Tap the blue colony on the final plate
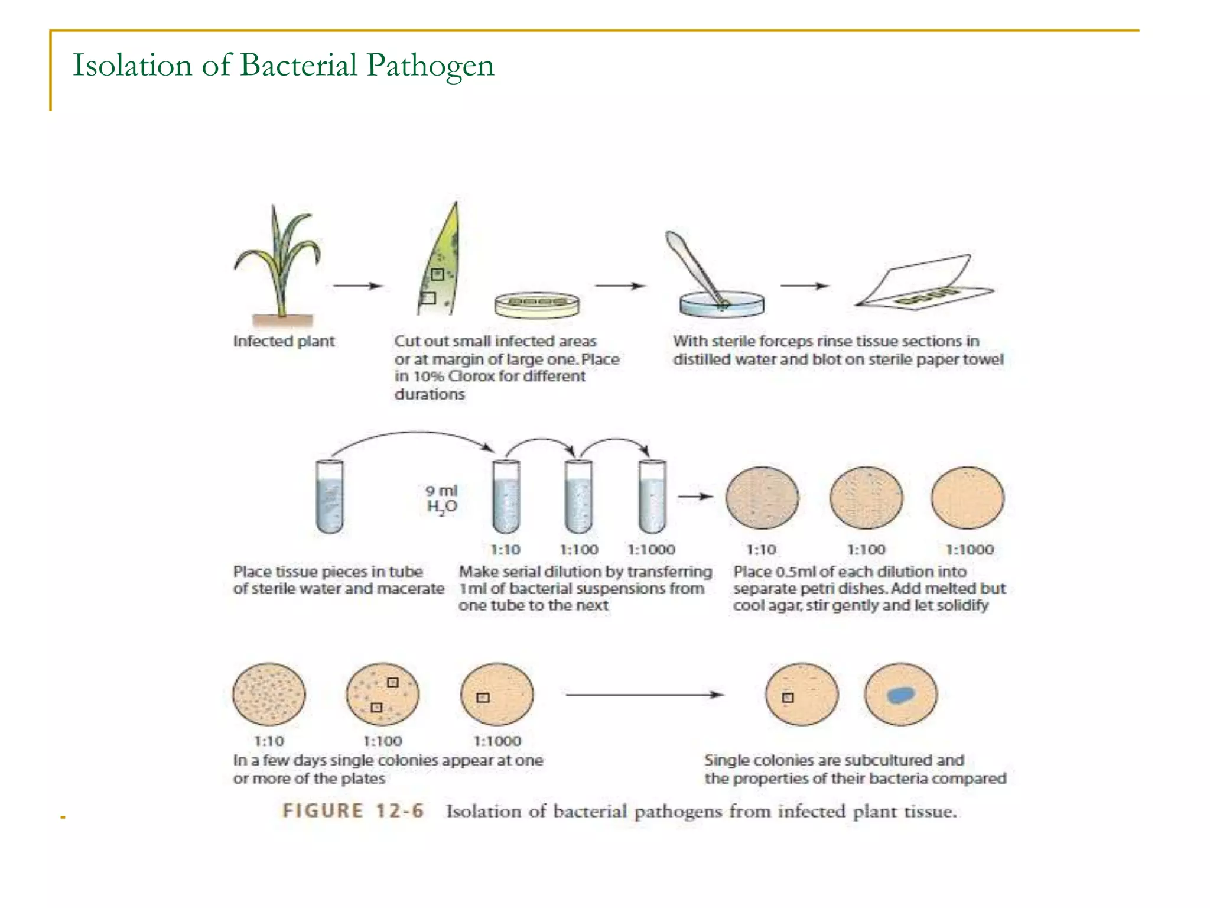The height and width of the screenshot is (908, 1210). [x=900, y=695]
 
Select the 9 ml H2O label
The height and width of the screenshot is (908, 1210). [x=442, y=500]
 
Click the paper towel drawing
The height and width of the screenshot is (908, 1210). [x=925, y=283]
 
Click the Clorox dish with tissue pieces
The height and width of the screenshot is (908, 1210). [x=536, y=304]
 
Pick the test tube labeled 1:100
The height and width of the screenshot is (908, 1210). [x=578, y=497]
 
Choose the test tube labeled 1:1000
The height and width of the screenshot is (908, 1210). [x=652, y=497]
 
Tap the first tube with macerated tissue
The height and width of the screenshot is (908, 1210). [x=330, y=497]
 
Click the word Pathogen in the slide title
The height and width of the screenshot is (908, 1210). [x=430, y=65]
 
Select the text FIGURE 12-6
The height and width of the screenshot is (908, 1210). [x=353, y=810]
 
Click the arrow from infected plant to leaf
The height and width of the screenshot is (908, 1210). [x=357, y=286]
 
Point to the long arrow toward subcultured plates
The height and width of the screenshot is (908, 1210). [x=644, y=695]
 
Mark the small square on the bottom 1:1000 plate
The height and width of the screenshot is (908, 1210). [x=483, y=698]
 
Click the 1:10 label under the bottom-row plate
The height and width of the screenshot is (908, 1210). [x=269, y=741]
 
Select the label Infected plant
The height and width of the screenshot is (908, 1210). [x=284, y=341]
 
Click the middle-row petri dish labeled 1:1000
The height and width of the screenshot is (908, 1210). [x=967, y=497]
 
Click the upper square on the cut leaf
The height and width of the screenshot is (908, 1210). [x=437, y=274]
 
